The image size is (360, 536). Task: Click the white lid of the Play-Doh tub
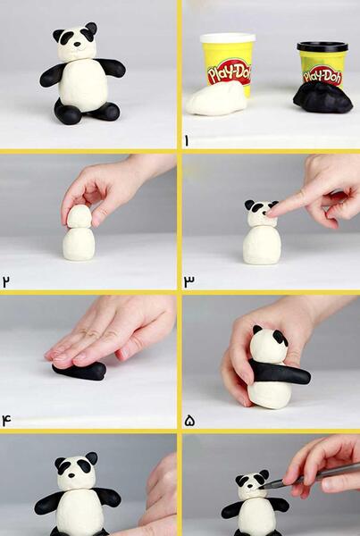coord(228,38)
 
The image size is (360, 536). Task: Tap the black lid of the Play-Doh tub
coord(322,46)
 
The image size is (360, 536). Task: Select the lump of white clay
coord(216,98)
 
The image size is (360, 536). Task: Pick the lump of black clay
coord(322,99)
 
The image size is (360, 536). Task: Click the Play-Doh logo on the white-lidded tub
coord(230,73)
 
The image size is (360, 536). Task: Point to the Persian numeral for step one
coord(187,140)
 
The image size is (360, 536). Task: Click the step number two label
coord(6,281)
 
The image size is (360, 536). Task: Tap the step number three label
coord(188,281)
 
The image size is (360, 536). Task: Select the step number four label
coord(6,420)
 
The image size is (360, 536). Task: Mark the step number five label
coord(189,421)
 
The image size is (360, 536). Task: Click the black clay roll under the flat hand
coord(80,372)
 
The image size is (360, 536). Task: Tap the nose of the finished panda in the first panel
coord(78,44)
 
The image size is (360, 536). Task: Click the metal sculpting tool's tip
coord(263,487)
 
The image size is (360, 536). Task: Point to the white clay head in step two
coord(79,217)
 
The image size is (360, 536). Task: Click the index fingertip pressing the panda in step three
coord(271,214)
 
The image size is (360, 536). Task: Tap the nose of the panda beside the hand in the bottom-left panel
coord(71,475)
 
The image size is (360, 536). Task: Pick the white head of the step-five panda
coord(268,346)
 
